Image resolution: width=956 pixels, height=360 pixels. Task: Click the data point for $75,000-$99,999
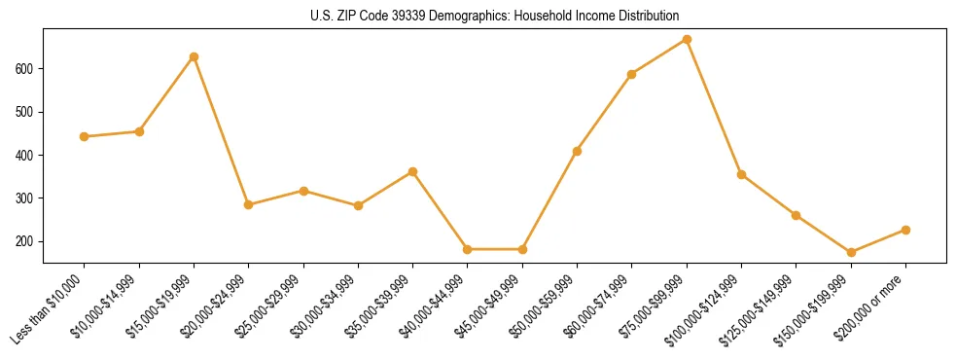(687, 40)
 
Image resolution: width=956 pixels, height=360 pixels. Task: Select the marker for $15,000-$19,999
(194, 56)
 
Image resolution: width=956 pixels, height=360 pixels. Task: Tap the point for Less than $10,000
(84, 136)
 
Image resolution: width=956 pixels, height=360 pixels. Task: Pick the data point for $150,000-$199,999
(851, 252)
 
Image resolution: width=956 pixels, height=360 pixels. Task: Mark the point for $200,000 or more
(905, 230)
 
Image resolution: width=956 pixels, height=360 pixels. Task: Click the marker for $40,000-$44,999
(468, 249)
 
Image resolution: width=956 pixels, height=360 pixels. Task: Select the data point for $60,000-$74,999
(632, 74)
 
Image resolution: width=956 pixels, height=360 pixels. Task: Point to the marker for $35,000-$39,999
(412, 171)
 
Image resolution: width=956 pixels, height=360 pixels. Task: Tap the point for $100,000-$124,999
(741, 174)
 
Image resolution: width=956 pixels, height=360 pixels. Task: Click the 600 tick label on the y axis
(27, 69)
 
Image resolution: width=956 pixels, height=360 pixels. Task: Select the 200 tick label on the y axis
(27, 241)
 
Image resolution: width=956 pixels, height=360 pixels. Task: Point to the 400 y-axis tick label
(27, 156)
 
